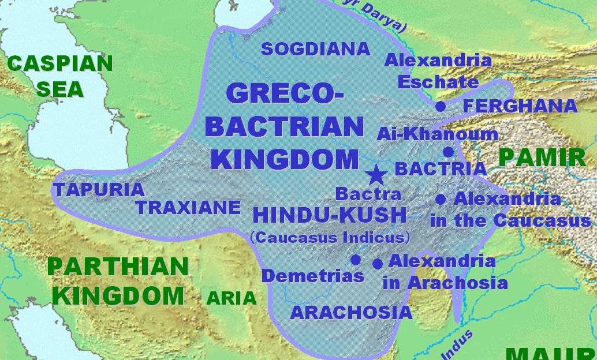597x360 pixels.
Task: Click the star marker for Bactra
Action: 376,174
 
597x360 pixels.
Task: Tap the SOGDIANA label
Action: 315,49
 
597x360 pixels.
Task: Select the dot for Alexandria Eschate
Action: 441,106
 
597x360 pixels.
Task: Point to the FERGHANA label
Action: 520,106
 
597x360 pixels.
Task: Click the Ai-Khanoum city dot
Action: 448,152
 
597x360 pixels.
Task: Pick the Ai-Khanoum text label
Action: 437,134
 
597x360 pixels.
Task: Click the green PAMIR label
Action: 542,157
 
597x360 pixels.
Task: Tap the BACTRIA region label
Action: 441,169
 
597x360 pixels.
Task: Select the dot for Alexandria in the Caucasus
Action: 441,200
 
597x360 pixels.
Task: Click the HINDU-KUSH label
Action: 330,216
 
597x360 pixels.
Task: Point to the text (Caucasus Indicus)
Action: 330,237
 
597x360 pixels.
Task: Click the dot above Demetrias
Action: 356,260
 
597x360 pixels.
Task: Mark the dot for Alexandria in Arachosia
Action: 378,264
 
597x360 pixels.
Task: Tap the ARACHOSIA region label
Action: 351,313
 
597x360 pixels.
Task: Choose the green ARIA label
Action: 231,298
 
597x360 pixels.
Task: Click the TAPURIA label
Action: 98,189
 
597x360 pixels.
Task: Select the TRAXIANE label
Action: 188,207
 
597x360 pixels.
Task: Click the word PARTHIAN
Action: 118,267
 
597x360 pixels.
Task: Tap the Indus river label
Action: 458,344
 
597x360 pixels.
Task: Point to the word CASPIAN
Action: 60,63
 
